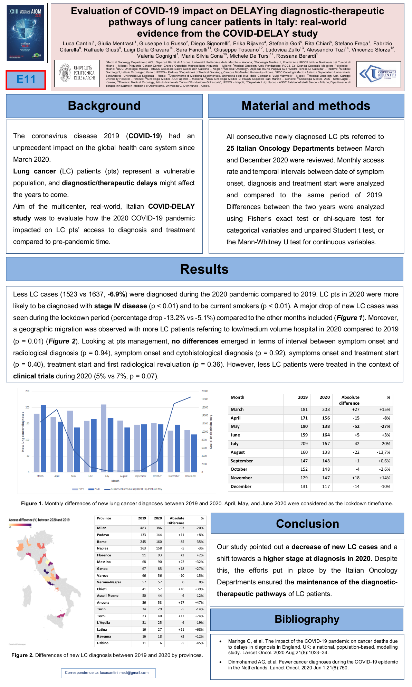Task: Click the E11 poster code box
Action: click(26, 80)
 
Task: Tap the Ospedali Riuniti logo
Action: click(379, 74)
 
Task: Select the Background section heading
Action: click(104, 106)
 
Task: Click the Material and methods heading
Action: click(306, 106)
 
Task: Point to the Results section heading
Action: click(204, 269)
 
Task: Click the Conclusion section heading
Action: click(307, 524)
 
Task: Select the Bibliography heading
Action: click(307, 619)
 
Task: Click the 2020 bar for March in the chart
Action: click(44, 438)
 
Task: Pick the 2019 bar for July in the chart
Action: click(104, 438)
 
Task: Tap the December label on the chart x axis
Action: click(190, 476)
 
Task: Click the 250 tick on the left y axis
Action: click(27, 391)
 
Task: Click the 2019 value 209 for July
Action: click(304, 444)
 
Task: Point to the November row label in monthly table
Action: click(241, 478)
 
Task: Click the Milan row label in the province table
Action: click(102, 528)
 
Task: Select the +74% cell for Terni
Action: click(199, 616)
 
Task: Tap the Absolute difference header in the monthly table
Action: click(350, 400)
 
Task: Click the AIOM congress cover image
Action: click(25, 33)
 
